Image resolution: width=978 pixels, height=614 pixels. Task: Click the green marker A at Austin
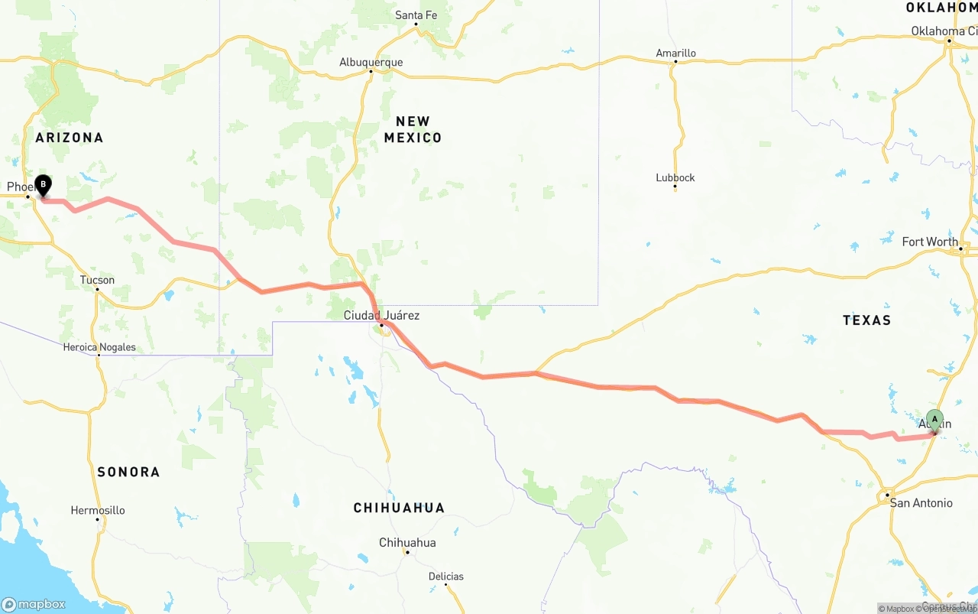pos(934,420)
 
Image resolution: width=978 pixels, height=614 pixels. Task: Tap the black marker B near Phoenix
pos(44,185)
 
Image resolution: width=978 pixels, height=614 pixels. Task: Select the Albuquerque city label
pos(371,62)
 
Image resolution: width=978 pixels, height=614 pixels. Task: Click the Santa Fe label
pos(416,15)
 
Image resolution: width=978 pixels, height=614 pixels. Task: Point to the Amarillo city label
pos(675,53)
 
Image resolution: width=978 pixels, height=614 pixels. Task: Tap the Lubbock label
pos(675,177)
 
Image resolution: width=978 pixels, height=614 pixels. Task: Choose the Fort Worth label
pos(929,242)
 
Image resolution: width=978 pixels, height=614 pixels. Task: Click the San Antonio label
pos(921,503)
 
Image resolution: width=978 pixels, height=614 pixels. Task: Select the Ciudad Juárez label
pos(381,315)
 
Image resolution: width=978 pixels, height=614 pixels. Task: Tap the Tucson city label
pos(97,280)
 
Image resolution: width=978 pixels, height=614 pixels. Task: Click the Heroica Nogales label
pos(99,347)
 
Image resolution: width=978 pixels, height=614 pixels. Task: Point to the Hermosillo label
pos(97,510)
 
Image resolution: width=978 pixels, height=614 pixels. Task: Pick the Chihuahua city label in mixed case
pos(407,543)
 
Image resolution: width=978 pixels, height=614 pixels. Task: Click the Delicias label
pos(445,577)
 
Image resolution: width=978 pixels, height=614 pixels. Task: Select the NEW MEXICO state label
pos(413,129)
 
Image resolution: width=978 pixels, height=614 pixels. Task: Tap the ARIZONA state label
pos(69,138)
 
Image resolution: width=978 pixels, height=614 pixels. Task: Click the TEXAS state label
pos(866,320)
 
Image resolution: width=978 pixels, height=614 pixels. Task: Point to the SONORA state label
pos(128,472)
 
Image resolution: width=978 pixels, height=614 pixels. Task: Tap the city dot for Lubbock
pos(675,187)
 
